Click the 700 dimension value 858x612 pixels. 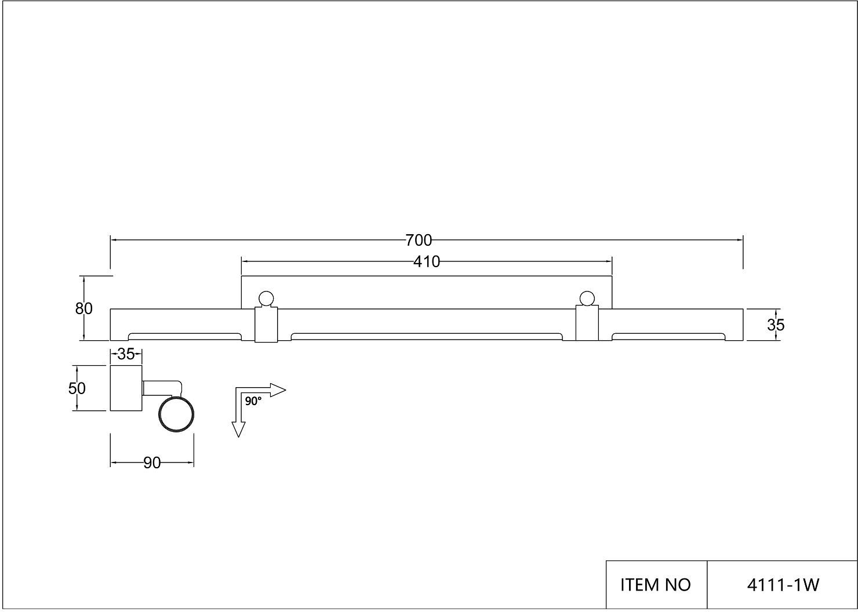click(419, 239)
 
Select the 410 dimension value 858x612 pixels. click(427, 262)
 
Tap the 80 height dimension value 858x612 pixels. click(84, 309)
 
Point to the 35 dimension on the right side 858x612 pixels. click(776, 325)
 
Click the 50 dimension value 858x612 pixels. click(77, 388)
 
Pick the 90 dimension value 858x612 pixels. click(152, 463)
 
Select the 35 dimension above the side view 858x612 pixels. click(126, 353)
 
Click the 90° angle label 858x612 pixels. click(253, 400)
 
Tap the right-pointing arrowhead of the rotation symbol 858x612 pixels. click(278, 390)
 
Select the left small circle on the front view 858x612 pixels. click(266, 298)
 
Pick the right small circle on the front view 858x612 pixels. click(586, 298)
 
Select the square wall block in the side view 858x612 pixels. click(126, 388)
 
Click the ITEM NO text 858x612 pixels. click(656, 585)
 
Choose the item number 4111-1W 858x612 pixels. click(783, 585)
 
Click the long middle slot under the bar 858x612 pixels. click(427, 336)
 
